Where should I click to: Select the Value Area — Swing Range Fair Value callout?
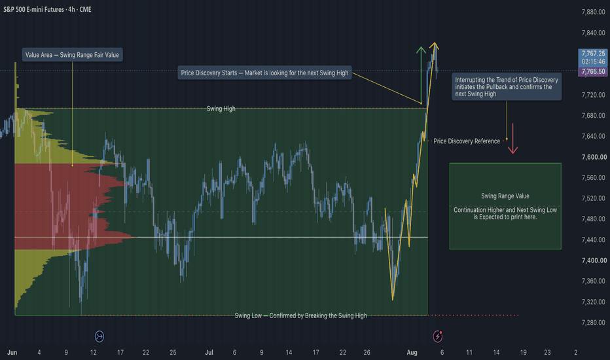73,55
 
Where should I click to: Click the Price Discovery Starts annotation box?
264,73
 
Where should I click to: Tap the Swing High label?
221,109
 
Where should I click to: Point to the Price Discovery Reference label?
467,141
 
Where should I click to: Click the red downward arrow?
512,139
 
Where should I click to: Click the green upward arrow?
421,75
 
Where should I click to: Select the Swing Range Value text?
505,196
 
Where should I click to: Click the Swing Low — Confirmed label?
300,315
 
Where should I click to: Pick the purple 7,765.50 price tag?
593,71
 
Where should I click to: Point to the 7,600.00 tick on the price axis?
594,157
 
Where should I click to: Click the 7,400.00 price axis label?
594,261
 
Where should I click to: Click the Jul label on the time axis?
209,352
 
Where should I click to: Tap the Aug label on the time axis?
412,352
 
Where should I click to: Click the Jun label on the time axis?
12,352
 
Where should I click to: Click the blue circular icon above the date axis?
99,336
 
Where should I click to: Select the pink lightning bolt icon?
438,336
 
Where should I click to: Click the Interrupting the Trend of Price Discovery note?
507,87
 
